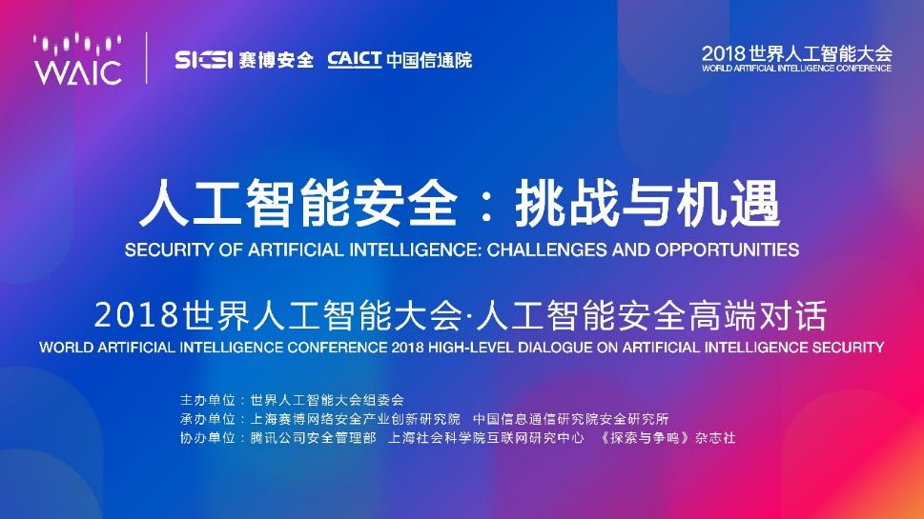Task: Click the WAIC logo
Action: pyautogui.click(x=78, y=59)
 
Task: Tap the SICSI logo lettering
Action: pyautogui.click(x=204, y=59)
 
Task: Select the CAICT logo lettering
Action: pyautogui.click(x=355, y=59)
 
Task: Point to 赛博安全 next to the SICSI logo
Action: pyautogui.click(x=276, y=60)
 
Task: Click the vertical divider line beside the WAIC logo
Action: pyautogui.click(x=146, y=58)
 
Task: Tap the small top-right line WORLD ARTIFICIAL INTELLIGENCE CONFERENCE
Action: pyautogui.click(x=797, y=69)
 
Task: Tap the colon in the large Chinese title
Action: pyautogui.click(x=486, y=206)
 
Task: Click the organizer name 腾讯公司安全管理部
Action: pyautogui.click(x=313, y=438)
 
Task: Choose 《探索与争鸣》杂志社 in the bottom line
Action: pyautogui.click(x=667, y=438)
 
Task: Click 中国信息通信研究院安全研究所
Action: pyautogui.click(x=571, y=419)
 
